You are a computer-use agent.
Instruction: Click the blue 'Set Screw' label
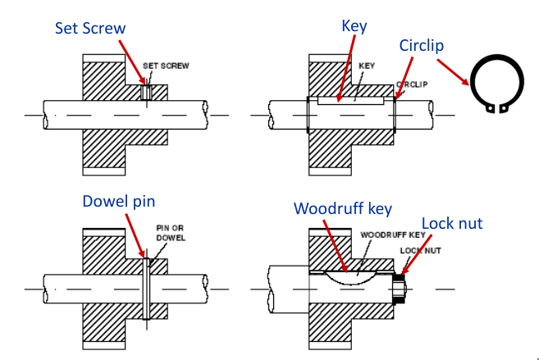(x=90, y=28)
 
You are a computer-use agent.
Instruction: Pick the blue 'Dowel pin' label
(x=119, y=202)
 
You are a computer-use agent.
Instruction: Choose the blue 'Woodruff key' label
(x=343, y=208)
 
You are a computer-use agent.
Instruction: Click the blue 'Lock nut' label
(x=453, y=223)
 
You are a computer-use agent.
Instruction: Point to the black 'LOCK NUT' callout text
(x=418, y=250)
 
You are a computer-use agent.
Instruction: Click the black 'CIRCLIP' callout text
(x=413, y=84)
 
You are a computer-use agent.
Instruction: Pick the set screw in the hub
(x=146, y=92)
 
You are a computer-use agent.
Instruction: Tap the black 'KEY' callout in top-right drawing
(x=367, y=66)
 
